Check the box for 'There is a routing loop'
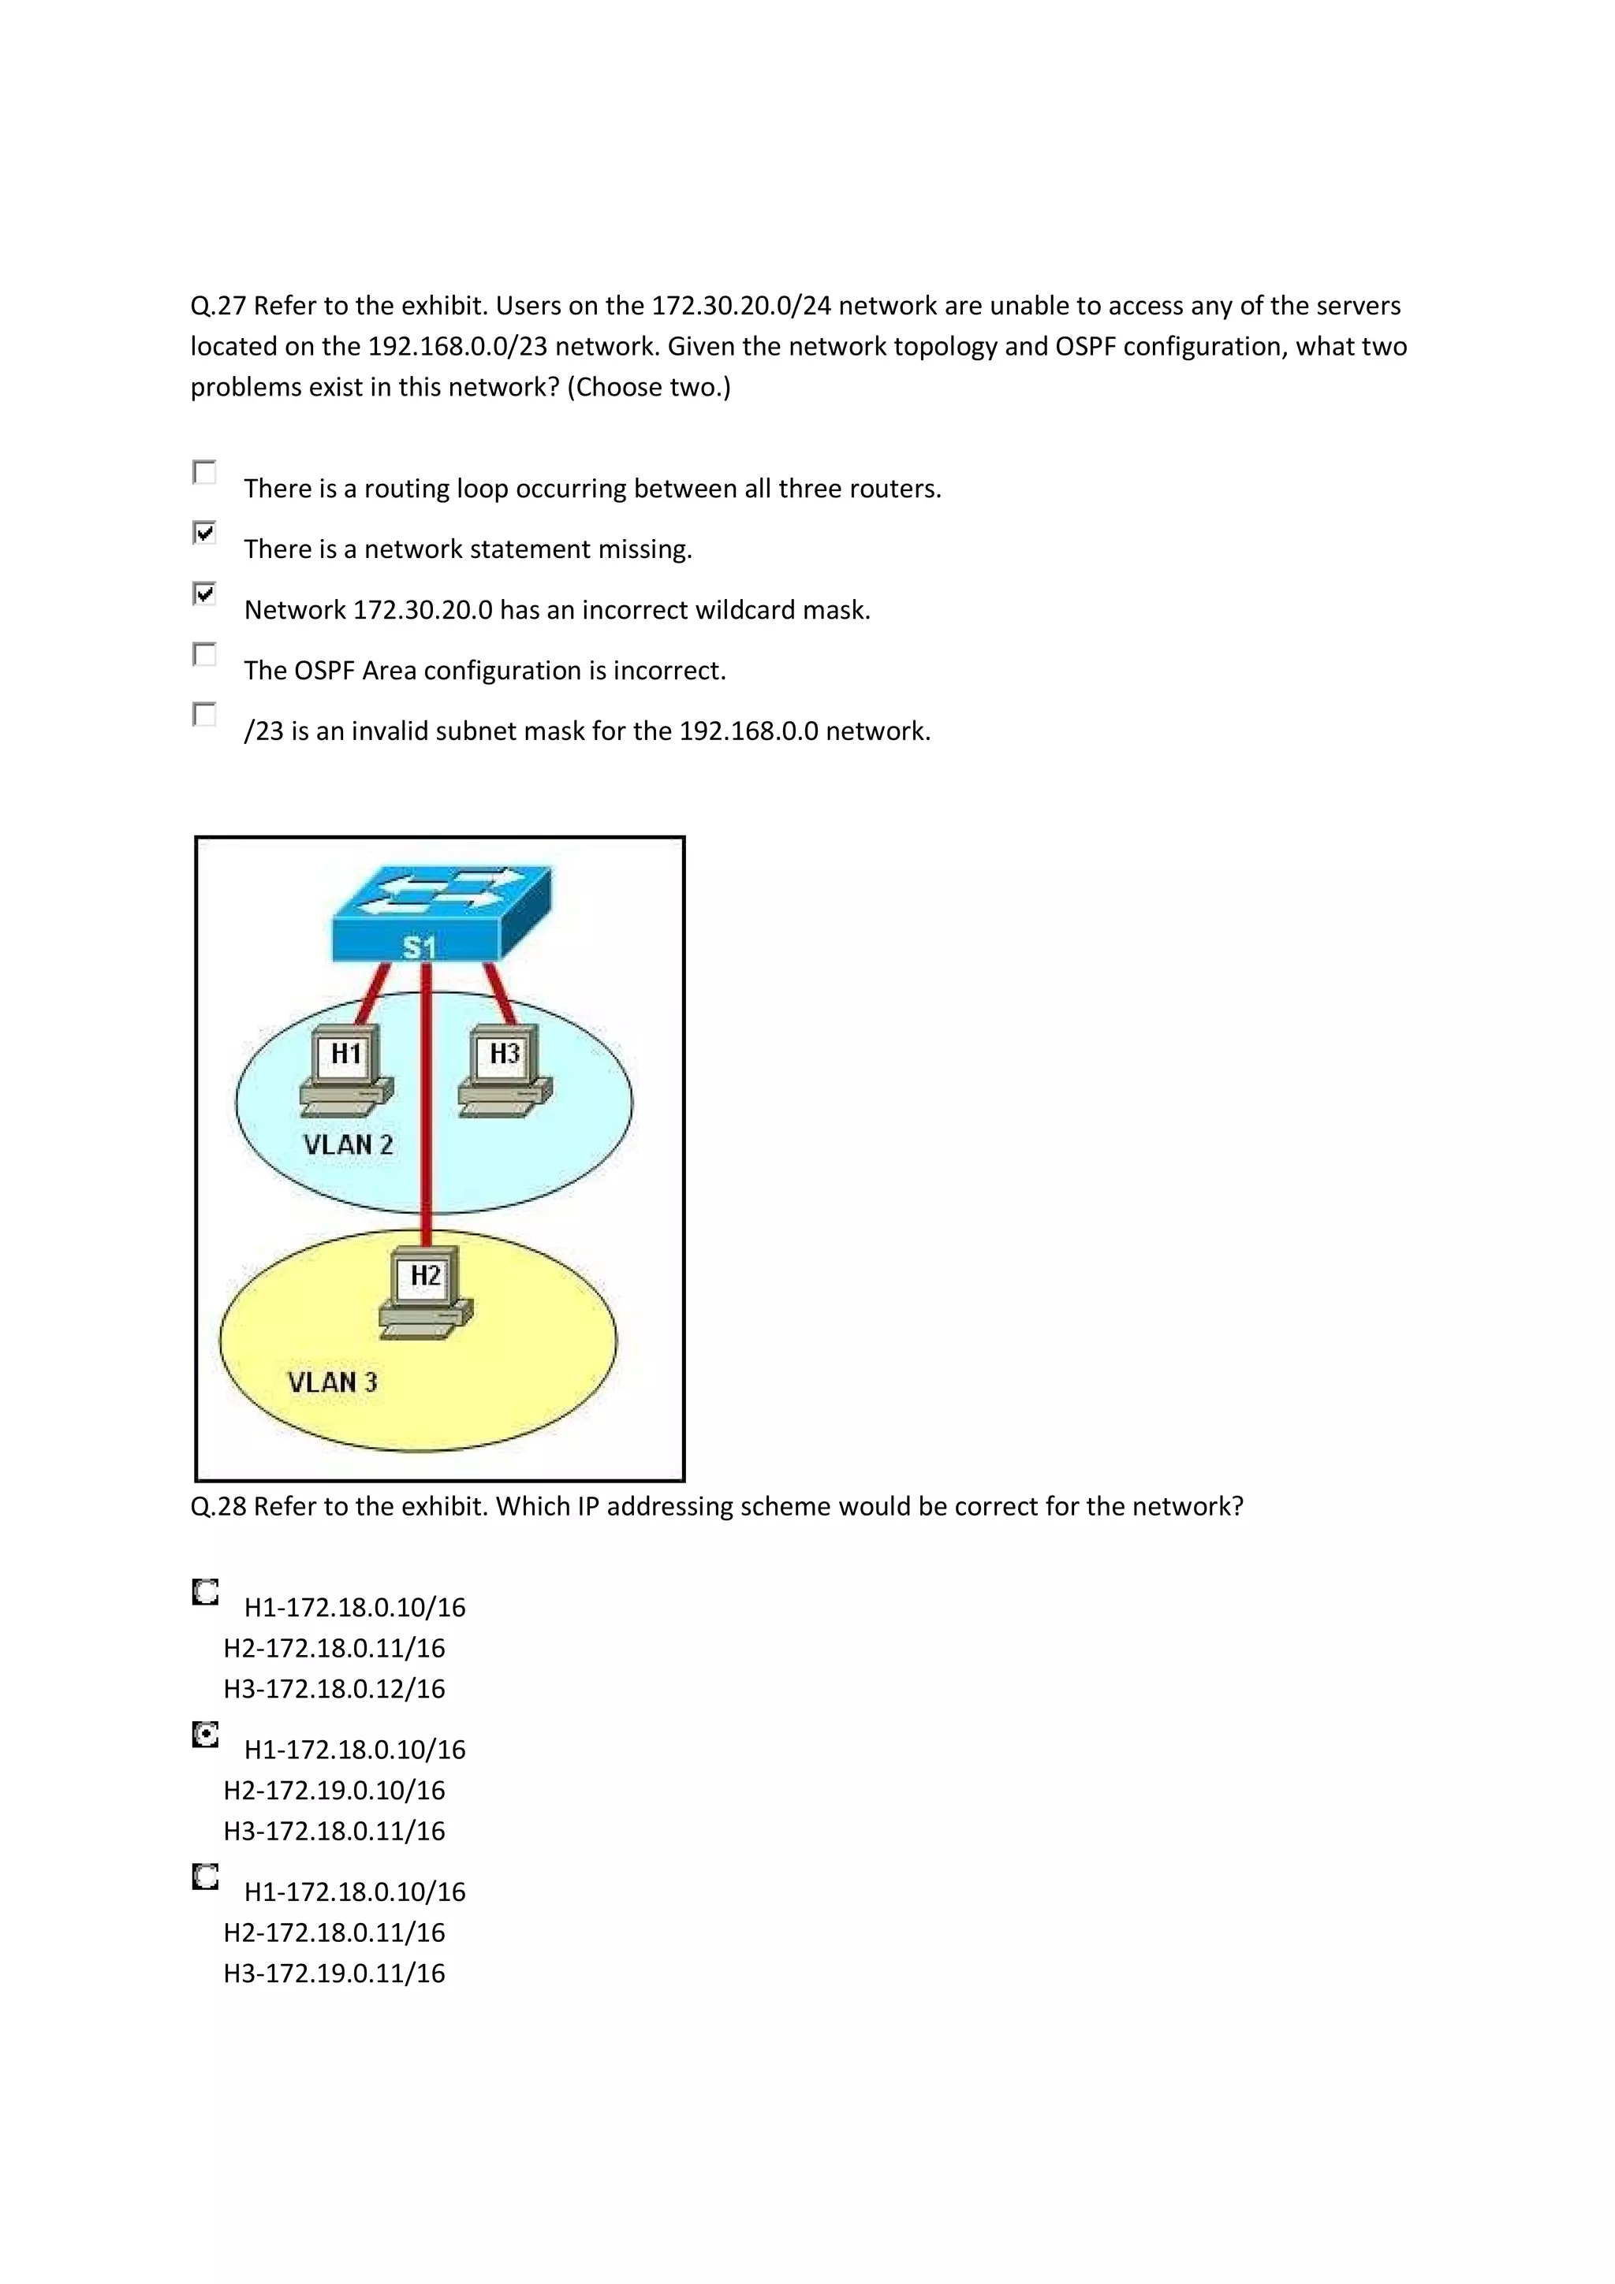pyautogui.click(x=204, y=473)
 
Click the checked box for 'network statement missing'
pyautogui.click(x=204, y=534)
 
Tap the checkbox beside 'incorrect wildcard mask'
pyautogui.click(x=204, y=594)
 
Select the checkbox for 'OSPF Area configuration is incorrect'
pyautogui.click(x=204, y=655)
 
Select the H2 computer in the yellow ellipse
pyautogui.click(x=426, y=1289)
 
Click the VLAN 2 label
pyautogui.click(x=349, y=1145)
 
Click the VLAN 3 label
pyautogui.click(x=332, y=1382)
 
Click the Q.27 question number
pyautogui.click(x=218, y=307)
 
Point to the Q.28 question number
pyautogui.click(x=218, y=1507)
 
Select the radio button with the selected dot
pyautogui.click(x=205, y=1736)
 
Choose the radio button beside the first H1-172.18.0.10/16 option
pyautogui.click(x=205, y=1594)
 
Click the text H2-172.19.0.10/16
pyautogui.click(x=334, y=1791)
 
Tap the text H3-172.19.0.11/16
pyautogui.click(x=334, y=1973)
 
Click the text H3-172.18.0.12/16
pyautogui.click(x=334, y=1689)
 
